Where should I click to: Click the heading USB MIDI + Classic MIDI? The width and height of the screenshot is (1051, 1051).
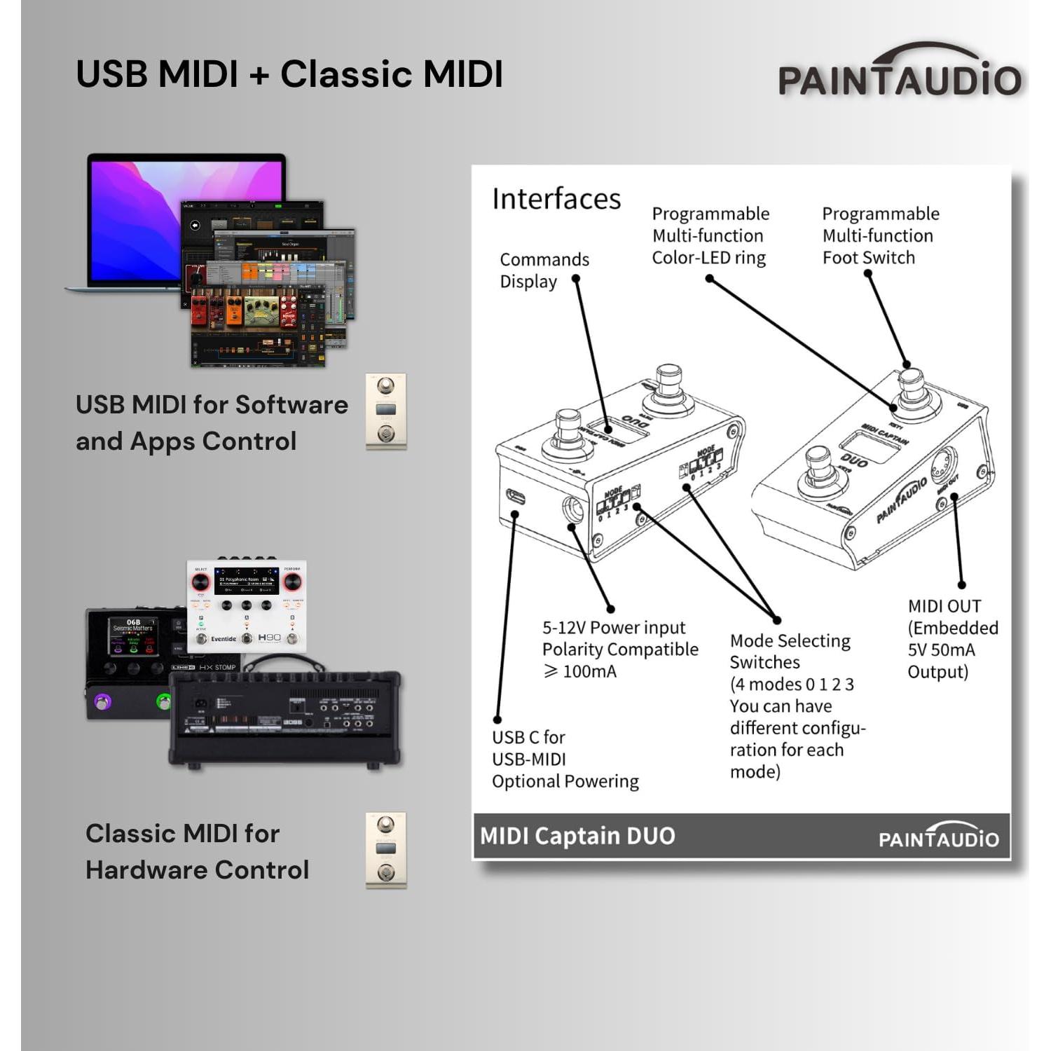(x=289, y=74)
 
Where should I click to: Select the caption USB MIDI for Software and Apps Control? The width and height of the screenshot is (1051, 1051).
(x=212, y=423)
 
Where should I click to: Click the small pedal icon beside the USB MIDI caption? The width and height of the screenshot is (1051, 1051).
(x=386, y=411)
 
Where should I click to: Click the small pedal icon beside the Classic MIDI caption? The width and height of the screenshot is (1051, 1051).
(x=386, y=850)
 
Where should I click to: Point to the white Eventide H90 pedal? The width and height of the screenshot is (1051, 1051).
(x=246, y=607)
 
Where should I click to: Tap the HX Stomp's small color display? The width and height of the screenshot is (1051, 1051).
(x=132, y=636)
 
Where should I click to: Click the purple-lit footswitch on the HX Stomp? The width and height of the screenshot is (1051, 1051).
(x=103, y=701)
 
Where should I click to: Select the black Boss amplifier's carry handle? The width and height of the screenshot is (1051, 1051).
(x=284, y=661)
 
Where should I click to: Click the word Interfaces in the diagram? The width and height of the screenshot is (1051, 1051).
(x=556, y=199)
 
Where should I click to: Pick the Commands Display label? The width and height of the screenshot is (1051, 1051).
(x=544, y=270)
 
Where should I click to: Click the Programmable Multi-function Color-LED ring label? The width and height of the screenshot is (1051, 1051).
(x=710, y=235)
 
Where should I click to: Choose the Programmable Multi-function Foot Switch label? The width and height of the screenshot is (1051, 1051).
(x=880, y=235)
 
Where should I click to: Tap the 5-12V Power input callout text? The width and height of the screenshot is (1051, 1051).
(x=619, y=649)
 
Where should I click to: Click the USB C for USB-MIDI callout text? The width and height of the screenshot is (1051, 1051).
(x=565, y=759)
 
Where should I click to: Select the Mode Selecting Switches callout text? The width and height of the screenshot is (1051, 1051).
(x=797, y=706)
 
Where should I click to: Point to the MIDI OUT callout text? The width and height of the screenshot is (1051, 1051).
(x=952, y=638)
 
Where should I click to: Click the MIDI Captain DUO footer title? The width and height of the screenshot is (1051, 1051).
(x=577, y=836)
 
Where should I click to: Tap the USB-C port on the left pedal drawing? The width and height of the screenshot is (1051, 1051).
(x=516, y=497)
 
